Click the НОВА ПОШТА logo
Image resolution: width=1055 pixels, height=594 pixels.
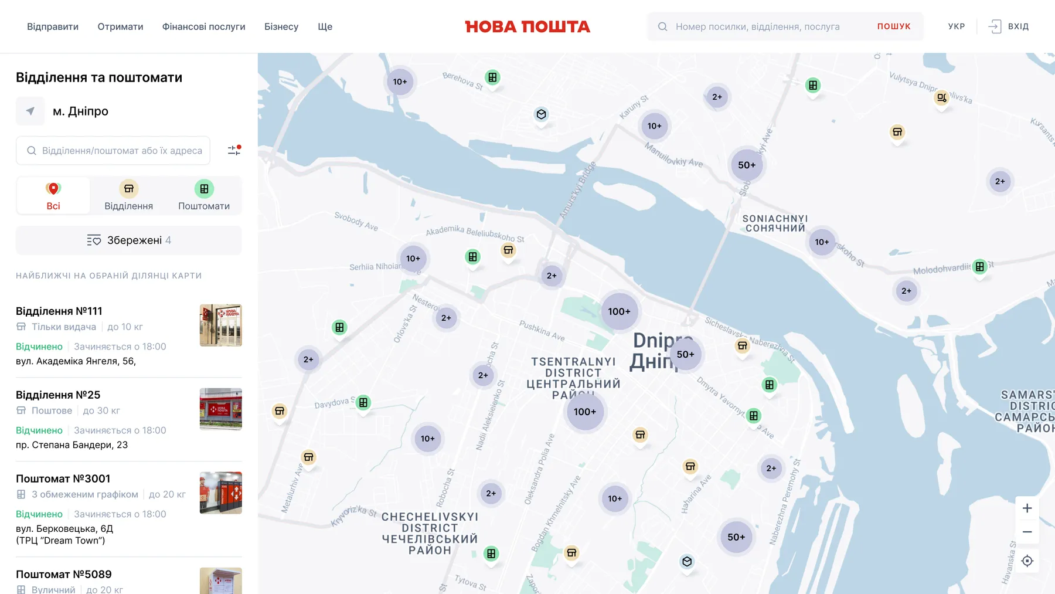(527, 26)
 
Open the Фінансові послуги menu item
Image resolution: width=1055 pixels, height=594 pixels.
(203, 26)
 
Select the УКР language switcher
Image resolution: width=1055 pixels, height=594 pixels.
(957, 26)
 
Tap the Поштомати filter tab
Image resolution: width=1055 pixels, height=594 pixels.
(204, 196)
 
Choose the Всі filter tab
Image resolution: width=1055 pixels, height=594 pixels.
(53, 196)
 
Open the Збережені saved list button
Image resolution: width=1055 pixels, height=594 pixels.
(129, 240)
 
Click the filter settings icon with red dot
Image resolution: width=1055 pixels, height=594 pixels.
(234, 151)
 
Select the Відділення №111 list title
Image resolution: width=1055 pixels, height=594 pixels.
(59, 311)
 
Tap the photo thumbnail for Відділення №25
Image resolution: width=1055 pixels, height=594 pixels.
(220, 409)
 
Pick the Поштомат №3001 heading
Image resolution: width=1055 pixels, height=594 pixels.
(63, 478)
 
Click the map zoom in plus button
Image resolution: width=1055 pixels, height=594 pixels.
(1027, 508)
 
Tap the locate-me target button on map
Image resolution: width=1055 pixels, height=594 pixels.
(1027, 561)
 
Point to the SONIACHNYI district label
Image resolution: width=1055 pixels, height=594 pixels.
(775, 223)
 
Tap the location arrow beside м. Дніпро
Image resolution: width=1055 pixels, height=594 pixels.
(30, 111)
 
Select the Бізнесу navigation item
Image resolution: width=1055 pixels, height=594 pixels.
(281, 26)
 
